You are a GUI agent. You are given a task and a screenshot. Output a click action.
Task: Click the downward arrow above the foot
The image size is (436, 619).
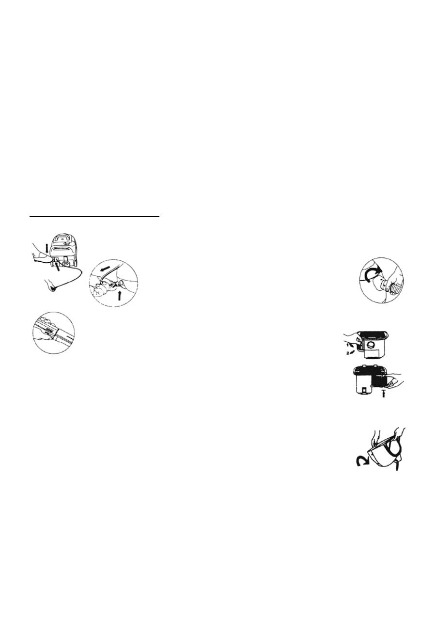pyautogui.click(x=47, y=247)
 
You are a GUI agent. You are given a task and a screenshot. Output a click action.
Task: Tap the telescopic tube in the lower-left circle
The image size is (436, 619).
pyautogui.click(x=53, y=333)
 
